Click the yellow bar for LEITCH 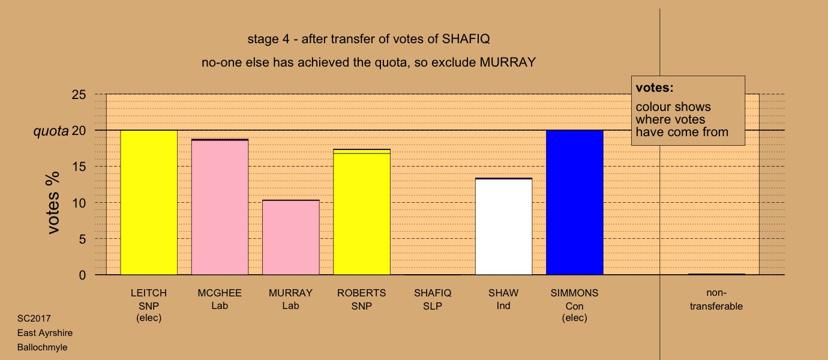[149, 202]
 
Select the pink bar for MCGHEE [220, 207]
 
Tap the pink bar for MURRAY [291, 237]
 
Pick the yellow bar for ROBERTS [362, 212]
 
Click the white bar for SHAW [503, 226]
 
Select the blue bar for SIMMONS [574, 202]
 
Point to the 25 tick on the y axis [79, 95]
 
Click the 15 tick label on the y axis [79, 167]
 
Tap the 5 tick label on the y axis [82, 239]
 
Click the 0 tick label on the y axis [82, 275]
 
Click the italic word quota [51, 131]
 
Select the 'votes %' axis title [53, 203]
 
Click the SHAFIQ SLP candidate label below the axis [433, 299]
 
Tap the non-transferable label [716, 299]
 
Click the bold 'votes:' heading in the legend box [655, 88]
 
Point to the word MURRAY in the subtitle [508, 62]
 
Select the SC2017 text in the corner [34, 319]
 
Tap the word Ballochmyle [42, 347]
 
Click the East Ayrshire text [45, 333]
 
